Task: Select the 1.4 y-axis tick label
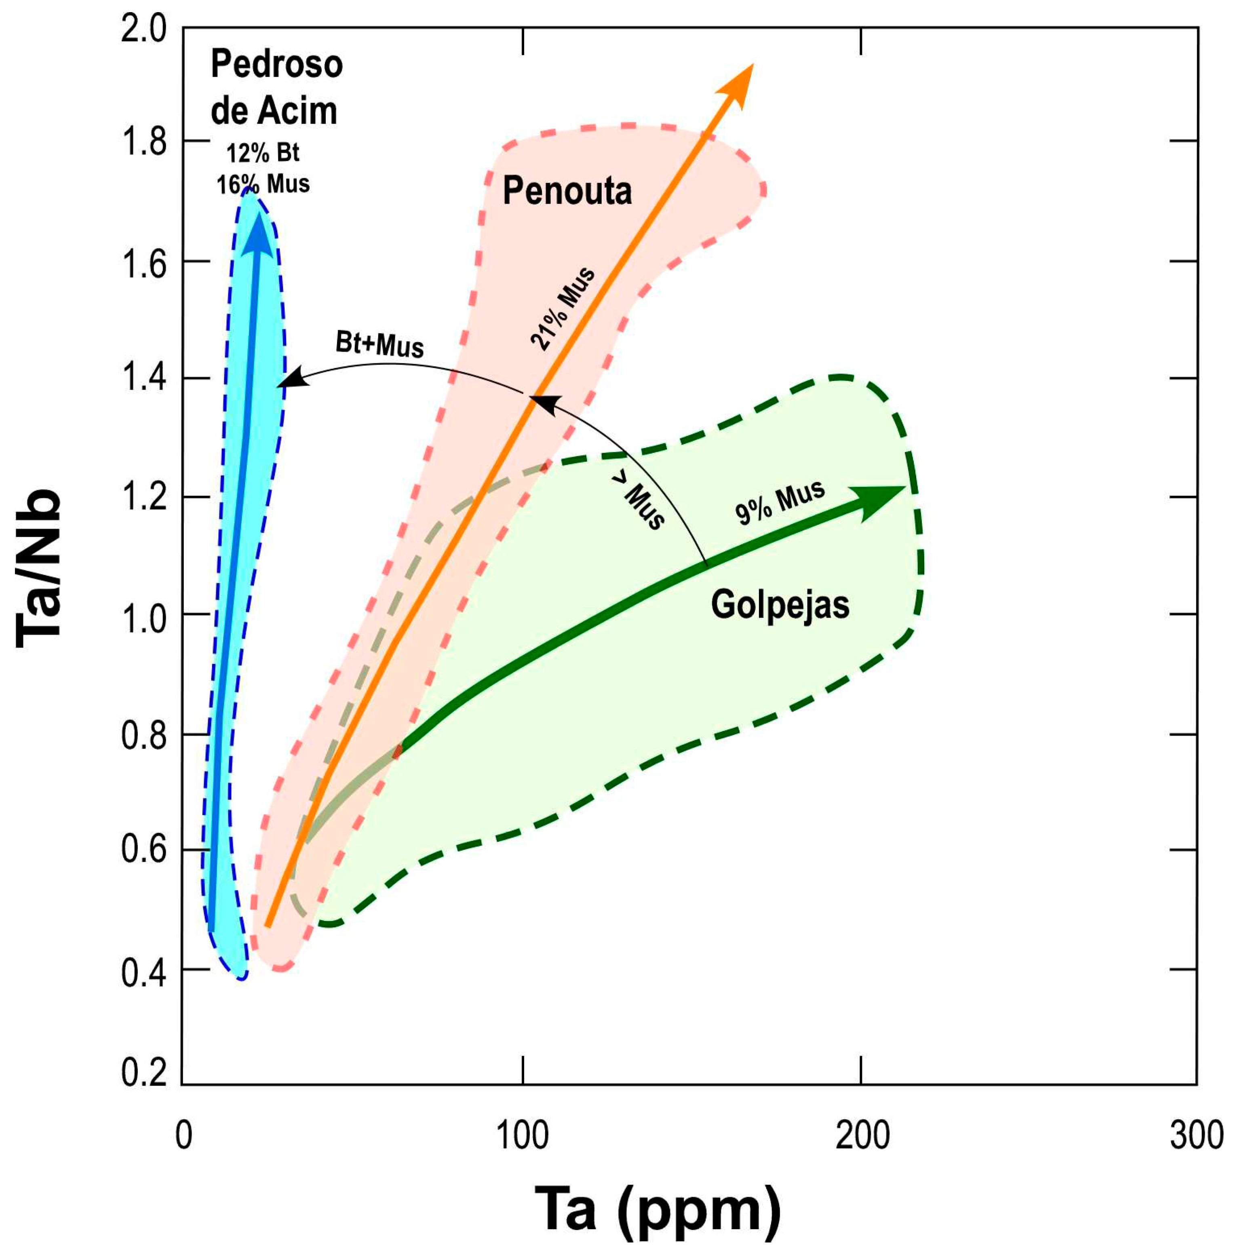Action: [x=143, y=380]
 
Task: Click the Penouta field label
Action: [x=567, y=191]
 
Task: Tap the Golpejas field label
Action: [x=780, y=605]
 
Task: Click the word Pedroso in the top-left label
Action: [x=277, y=65]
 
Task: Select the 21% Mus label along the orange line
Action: [x=563, y=309]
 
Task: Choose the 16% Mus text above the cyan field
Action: [x=263, y=185]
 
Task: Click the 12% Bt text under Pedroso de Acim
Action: [x=263, y=154]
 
